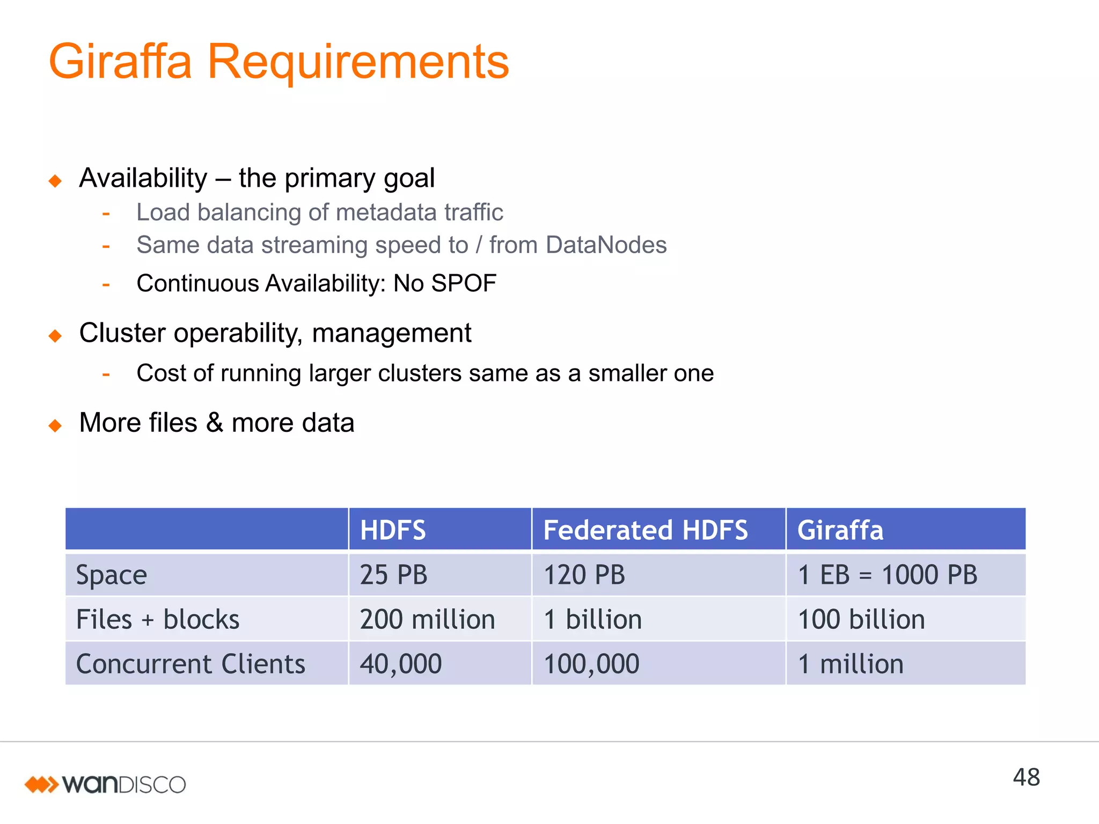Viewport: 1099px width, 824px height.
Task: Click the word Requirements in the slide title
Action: (358, 62)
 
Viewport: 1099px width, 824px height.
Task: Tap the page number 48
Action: (1026, 777)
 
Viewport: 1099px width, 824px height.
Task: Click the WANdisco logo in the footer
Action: (105, 784)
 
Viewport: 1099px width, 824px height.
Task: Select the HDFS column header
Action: (393, 530)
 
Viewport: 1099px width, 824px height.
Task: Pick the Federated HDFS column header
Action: (645, 530)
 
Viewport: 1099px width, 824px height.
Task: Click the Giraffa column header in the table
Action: (840, 530)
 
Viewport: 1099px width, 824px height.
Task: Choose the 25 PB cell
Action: (393, 575)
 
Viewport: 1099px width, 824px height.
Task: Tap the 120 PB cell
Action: (584, 575)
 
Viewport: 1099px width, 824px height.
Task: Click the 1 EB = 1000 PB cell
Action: (888, 575)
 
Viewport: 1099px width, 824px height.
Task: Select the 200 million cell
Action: (427, 619)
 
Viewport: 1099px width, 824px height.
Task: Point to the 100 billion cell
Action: (861, 619)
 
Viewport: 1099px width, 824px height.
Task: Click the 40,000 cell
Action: (400, 664)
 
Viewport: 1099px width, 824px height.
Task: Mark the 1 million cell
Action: (851, 664)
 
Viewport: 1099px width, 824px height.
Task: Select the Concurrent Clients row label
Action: (191, 664)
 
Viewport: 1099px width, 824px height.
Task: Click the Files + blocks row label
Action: (158, 619)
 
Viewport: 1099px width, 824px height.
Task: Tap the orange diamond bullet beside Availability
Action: (55, 181)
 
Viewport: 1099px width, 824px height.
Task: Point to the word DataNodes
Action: (606, 245)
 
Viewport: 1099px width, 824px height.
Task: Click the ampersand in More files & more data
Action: (214, 422)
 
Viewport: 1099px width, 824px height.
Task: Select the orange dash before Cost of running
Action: (106, 374)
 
